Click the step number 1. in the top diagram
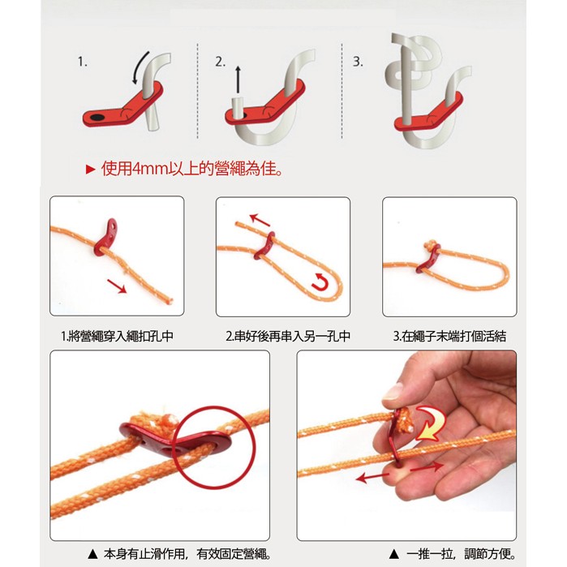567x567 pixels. [83, 62]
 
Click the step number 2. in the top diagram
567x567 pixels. [220, 62]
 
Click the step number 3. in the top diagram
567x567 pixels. [358, 62]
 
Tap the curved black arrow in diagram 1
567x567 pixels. [140, 67]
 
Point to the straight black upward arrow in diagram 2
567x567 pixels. [238, 79]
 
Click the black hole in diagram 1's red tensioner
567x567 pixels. [97, 117]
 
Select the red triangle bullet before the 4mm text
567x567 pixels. [90, 170]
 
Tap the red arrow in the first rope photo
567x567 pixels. [117, 286]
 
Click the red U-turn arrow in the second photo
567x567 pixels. [320, 282]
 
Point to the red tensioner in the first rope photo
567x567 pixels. [105, 237]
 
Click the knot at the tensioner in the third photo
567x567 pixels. [430, 246]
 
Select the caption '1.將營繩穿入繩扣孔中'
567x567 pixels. [117, 337]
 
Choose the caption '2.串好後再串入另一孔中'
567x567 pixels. [288, 337]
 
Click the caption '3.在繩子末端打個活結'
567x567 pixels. [449, 337]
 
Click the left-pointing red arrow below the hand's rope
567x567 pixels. [372, 478]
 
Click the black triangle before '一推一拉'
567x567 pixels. [394, 553]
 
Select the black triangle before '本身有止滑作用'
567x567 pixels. [93, 553]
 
